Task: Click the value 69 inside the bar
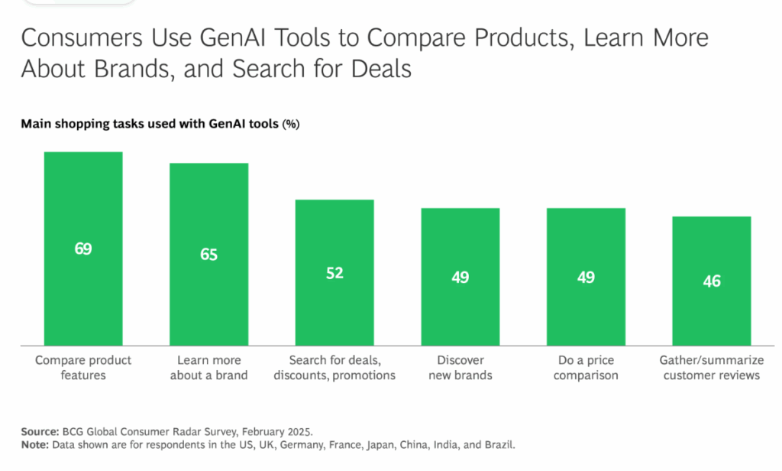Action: pyautogui.click(x=83, y=248)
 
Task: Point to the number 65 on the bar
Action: pyautogui.click(x=208, y=255)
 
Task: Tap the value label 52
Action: pyautogui.click(x=334, y=273)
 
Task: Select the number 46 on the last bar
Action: pyautogui.click(x=711, y=281)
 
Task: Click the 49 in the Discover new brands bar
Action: pyautogui.click(x=460, y=278)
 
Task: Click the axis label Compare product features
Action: pyautogui.click(x=83, y=368)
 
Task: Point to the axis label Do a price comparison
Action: pyautogui.click(x=586, y=368)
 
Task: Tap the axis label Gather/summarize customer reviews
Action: pyautogui.click(x=711, y=368)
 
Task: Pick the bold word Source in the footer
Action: pyautogui.click(x=39, y=430)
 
